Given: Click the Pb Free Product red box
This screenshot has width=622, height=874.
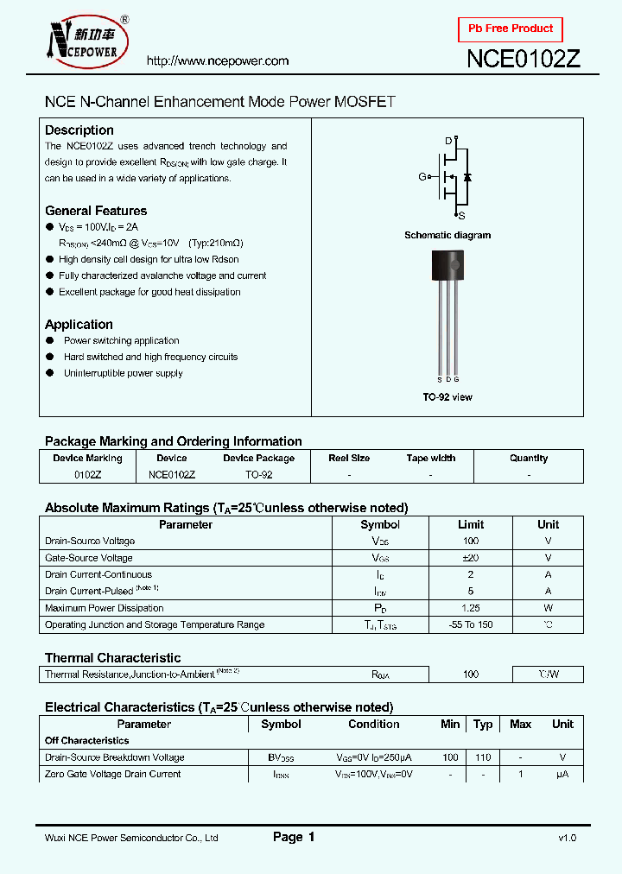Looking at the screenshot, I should click(x=510, y=28).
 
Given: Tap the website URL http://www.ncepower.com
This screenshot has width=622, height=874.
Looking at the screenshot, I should click(x=218, y=61).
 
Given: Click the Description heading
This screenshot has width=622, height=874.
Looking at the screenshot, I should click(x=79, y=130).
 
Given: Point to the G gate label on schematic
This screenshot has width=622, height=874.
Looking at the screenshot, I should click(x=422, y=176).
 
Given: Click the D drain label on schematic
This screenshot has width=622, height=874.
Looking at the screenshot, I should click(x=448, y=140).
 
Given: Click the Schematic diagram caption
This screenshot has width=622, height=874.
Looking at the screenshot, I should click(x=447, y=235).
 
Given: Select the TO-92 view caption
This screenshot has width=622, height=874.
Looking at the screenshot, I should click(x=447, y=397).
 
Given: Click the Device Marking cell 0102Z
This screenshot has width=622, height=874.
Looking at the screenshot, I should click(x=87, y=475).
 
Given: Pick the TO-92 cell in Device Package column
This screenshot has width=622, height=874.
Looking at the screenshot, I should click(x=258, y=475).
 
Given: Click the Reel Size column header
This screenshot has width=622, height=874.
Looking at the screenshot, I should click(x=349, y=459).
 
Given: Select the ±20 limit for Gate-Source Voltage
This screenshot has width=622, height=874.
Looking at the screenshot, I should click(x=471, y=558).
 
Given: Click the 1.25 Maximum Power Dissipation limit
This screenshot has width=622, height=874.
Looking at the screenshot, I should click(x=471, y=608).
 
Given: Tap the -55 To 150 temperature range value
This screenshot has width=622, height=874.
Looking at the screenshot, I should click(x=471, y=624).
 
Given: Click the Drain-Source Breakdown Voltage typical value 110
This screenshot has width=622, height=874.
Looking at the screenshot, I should click(x=483, y=757).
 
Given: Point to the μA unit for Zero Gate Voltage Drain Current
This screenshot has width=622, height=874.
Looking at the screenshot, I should click(x=562, y=774).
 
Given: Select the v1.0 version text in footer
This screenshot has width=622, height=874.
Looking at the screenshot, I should click(x=567, y=838).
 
